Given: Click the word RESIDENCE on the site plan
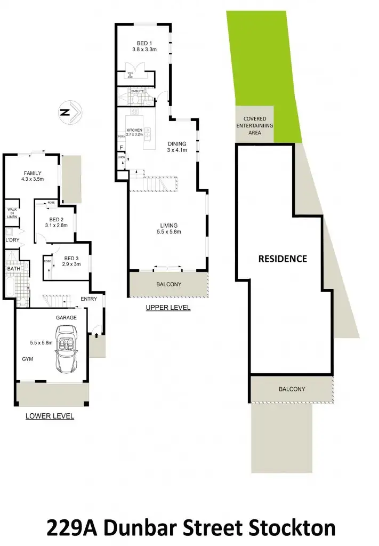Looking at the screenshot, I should click(283, 259).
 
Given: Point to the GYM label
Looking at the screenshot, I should click(28, 359).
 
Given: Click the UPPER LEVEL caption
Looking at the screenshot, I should click(168, 308).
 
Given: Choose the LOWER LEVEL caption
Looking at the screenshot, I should click(50, 416).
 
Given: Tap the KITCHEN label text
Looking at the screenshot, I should click(134, 130).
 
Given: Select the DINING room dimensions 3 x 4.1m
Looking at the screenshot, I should click(177, 150).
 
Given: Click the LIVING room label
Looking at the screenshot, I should click(168, 226).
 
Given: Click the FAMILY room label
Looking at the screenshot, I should click(32, 173).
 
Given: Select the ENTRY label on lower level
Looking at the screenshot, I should click(89, 299).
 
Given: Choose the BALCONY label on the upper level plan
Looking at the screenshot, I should click(168, 284).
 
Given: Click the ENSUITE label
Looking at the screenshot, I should click(139, 92).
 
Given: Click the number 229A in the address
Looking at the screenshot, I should click(72, 528).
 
